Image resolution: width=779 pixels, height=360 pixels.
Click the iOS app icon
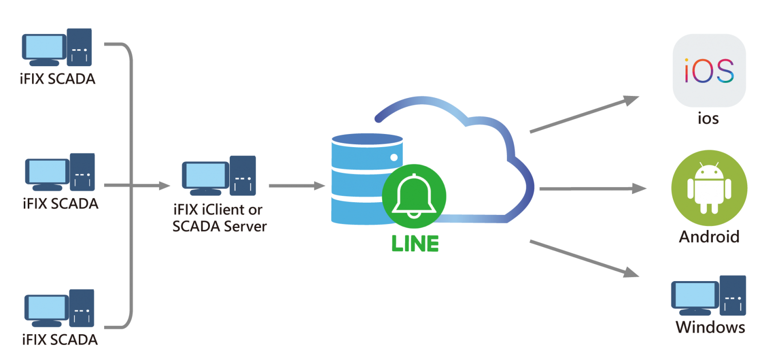(709, 70)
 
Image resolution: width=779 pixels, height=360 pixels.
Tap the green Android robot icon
(709, 188)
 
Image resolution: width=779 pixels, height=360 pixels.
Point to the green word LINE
(415, 244)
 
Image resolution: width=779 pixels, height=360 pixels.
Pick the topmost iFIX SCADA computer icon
(57, 47)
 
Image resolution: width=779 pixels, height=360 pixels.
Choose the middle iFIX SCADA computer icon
(60, 172)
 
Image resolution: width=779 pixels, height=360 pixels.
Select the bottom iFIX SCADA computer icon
(59, 308)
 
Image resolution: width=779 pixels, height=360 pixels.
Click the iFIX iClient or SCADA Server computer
(219, 175)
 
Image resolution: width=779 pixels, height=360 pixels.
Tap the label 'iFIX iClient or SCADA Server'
(219, 218)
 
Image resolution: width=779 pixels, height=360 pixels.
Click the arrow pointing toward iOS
(584, 115)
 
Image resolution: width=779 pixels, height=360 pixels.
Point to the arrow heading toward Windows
(584, 259)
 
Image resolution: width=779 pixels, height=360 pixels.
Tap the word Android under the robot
(709, 237)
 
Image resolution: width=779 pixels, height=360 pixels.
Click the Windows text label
(710, 327)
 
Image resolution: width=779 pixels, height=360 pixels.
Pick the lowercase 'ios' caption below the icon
(708, 118)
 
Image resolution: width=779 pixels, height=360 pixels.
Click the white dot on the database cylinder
(394, 157)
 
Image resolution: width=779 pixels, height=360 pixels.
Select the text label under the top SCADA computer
(57, 79)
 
